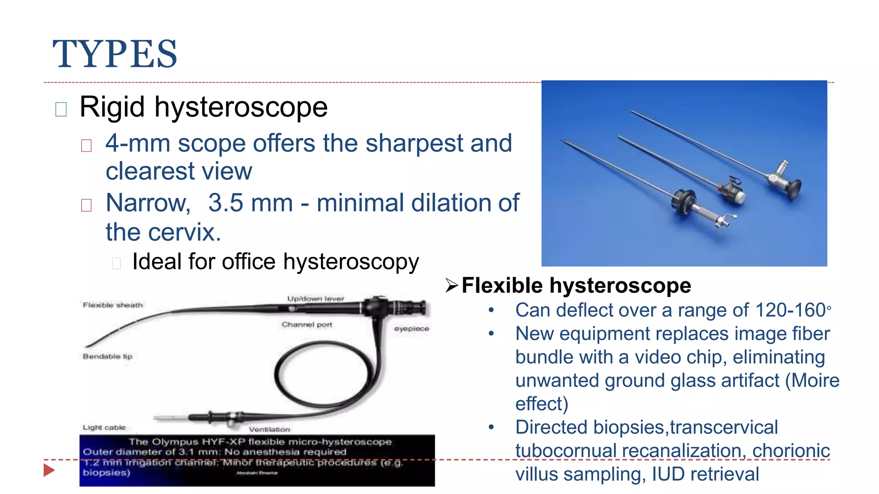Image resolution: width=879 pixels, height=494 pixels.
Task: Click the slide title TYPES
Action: (x=115, y=54)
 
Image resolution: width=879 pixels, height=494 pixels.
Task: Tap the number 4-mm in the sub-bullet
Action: (x=137, y=143)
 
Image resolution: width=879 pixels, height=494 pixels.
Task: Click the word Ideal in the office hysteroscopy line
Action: (x=156, y=262)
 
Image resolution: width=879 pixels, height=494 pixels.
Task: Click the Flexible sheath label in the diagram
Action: (x=113, y=305)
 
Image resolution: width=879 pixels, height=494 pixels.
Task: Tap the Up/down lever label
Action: (x=315, y=298)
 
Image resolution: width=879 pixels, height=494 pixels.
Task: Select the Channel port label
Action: (x=307, y=325)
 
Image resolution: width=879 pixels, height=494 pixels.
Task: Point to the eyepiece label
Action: (x=412, y=328)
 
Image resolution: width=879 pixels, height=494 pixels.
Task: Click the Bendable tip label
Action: (x=107, y=356)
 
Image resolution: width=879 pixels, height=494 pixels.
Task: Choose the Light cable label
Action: (x=104, y=428)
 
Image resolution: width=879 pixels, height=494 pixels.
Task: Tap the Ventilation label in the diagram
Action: (x=269, y=429)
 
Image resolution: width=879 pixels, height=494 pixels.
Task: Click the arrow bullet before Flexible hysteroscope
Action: (x=452, y=285)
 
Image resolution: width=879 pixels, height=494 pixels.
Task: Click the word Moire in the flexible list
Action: (x=815, y=380)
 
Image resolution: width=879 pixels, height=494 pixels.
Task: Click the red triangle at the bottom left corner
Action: (x=49, y=470)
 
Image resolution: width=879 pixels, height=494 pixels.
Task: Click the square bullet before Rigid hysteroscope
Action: (x=61, y=109)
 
